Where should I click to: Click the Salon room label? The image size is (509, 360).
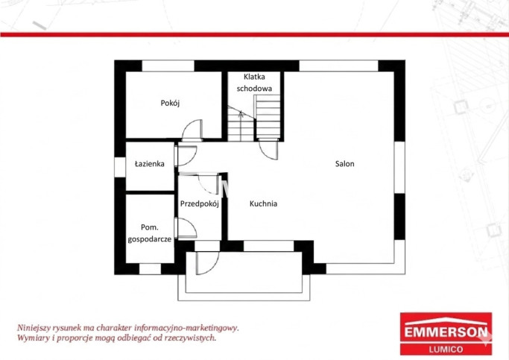pos(345,164)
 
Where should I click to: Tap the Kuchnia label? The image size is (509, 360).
pos(263,204)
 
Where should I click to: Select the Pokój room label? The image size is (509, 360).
pos(170,103)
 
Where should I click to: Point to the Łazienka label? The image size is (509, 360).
pos(150,164)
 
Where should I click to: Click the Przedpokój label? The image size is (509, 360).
pos(200,204)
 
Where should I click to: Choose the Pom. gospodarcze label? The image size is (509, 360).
pos(150,233)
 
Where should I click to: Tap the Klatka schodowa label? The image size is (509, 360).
pos(254,83)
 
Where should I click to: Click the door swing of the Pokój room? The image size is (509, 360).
pos(192,130)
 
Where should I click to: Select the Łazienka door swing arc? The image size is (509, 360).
pos(187,156)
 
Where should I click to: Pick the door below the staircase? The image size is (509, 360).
pos(269,149)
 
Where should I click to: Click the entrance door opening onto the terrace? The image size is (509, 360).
pos(208,263)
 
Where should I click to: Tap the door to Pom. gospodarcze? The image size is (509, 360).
pos(186,228)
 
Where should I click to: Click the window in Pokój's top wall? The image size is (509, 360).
pos(168,66)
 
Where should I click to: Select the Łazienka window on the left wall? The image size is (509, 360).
pos(120,167)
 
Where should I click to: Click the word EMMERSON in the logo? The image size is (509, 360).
pos(446,332)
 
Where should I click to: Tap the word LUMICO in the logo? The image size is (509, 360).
pos(446,350)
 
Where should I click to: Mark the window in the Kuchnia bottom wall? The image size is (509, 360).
pos(269,246)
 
